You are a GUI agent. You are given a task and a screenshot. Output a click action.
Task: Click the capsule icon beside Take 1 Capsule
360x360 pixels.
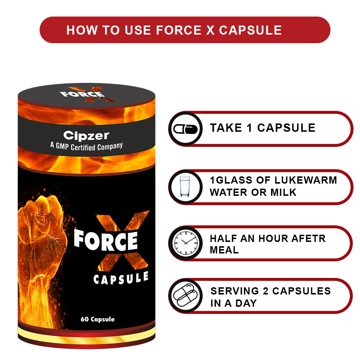tap(185, 129)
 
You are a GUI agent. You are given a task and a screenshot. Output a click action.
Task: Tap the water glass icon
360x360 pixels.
tap(185, 186)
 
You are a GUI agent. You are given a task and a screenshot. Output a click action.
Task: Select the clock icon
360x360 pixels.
tap(185, 243)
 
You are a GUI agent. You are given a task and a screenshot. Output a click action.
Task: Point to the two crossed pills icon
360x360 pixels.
tap(185, 296)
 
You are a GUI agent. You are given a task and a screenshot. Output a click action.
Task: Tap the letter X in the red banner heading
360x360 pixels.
tap(210, 30)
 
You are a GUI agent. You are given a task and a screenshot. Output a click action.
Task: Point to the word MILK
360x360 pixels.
tap(283, 192)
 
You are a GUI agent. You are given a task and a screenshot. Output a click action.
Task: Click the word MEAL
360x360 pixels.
tap(224, 250)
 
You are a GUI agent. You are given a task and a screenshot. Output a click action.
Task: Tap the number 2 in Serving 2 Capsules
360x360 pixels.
tap(266, 291)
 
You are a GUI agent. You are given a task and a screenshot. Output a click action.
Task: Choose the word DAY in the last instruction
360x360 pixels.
tap(246, 303)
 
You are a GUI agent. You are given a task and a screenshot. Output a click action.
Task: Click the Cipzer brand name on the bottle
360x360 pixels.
tap(86, 135)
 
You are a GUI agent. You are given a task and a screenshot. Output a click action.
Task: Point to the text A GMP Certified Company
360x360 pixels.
tap(86, 146)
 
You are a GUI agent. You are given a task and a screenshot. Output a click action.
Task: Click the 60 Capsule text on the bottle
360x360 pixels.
tap(98, 319)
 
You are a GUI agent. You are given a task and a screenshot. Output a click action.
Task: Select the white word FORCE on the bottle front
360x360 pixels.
tap(105, 240)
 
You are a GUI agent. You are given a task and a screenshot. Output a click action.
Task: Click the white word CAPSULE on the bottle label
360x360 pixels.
tap(121, 278)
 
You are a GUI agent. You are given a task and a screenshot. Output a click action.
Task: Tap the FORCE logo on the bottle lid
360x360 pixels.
tap(82, 94)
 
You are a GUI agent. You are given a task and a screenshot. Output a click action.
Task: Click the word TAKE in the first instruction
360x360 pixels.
tap(226, 128)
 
